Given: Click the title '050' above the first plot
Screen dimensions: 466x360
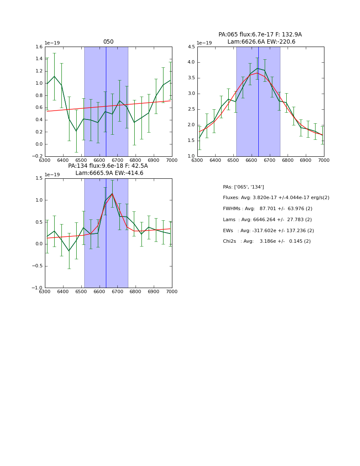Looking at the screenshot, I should tap(108, 42).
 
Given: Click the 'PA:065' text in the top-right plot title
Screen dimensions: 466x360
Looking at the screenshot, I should tap(227, 35).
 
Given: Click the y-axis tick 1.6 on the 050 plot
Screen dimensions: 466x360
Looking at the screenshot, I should tap(39, 47).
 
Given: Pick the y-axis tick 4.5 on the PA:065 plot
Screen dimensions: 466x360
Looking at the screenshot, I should tap(191, 47).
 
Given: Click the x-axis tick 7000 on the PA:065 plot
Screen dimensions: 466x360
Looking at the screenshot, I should tap(324, 161).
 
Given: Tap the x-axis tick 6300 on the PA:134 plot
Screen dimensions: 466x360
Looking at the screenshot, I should tap(45, 292).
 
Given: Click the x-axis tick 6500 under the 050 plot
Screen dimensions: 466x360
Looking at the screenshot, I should tap(81, 161).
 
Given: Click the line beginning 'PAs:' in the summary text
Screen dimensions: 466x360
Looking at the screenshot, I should tap(244, 187).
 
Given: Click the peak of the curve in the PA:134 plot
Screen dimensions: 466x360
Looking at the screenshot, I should tap(112, 194).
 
